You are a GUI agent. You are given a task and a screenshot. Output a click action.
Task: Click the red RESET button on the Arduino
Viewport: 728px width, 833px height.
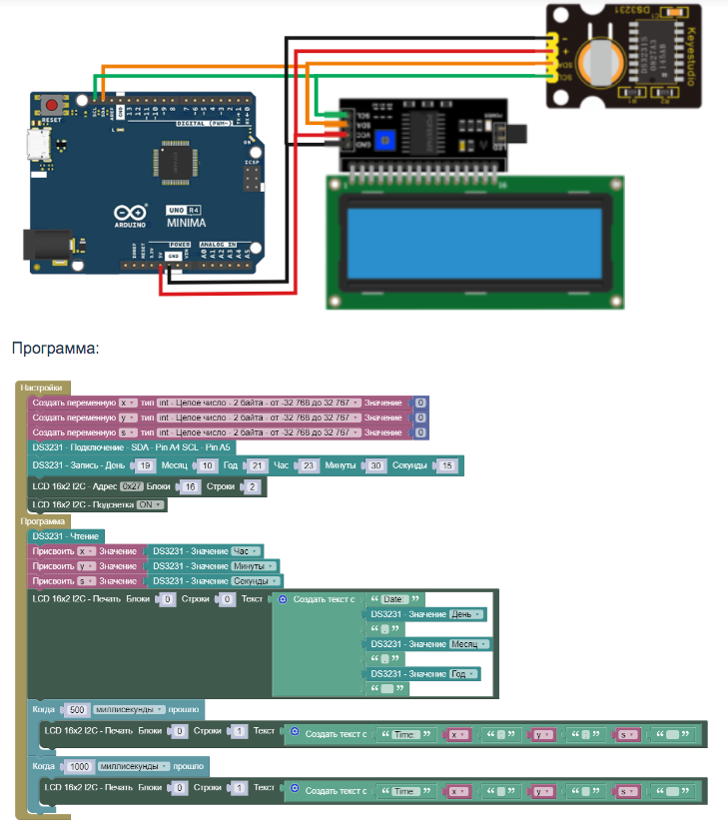tap(52, 104)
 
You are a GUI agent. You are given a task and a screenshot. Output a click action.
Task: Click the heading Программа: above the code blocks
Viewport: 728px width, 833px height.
tap(55, 349)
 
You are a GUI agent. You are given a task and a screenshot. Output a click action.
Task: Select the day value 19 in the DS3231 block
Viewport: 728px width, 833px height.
tap(145, 466)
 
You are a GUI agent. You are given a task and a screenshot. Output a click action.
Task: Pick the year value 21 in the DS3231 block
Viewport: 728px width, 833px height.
tap(257, 466)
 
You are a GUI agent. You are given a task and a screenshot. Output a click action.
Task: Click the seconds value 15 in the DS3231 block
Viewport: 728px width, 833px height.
tap(447, 466)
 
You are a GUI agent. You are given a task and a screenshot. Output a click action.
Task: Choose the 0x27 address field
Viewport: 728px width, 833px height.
tap(131, 487)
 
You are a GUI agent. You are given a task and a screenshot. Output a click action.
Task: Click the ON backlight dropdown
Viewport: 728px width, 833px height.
tap(150, 505)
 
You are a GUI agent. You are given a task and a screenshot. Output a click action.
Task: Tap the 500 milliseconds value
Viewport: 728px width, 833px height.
tap(76, 710)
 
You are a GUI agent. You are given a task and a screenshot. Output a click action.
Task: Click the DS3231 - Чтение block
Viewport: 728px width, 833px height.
tap(65, 536)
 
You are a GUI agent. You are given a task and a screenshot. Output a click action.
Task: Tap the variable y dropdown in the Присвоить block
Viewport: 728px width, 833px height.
tap(86, 566)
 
